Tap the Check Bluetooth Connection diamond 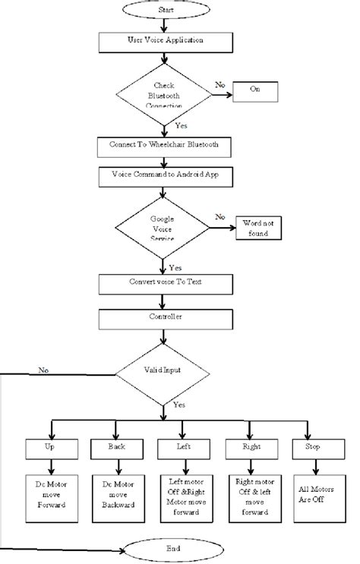coord(163,95)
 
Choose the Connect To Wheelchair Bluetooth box coord(162,144)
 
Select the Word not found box coord(260,228)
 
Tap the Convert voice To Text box coord(162,282)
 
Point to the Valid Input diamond coord(162,371)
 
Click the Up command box coord(49,450)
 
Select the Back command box coord(115,450)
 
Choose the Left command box coord(182,450)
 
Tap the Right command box coord(250,450)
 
